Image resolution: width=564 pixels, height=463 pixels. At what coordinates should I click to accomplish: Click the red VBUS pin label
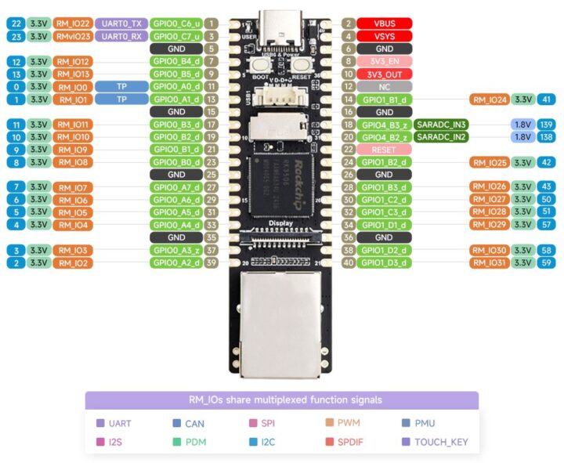click(x=384, y=24)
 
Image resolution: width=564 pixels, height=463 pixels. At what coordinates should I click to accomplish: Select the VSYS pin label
click(x=384, y=36)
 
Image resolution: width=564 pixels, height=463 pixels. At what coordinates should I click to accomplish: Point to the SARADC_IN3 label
click(x=442, y=125)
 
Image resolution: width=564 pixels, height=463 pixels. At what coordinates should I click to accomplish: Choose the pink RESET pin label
click(x=384, y=150)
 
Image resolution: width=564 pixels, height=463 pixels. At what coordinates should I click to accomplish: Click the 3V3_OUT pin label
click(x=384, y=74)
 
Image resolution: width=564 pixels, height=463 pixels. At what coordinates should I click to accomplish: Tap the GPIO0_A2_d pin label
click(x=176, y=262)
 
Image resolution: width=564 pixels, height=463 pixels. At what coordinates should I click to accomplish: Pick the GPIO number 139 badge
click(x=547, y=125)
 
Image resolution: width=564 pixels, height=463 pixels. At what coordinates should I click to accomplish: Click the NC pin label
click(x=384, y=86)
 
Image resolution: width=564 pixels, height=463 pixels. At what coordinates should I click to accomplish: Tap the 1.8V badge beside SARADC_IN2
click(x=522, y=137)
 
